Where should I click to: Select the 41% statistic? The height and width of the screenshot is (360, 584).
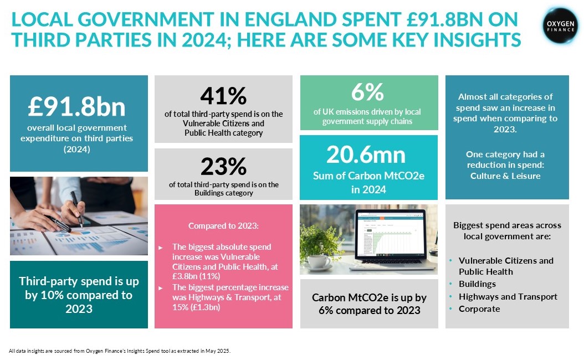click(x=223, y=96)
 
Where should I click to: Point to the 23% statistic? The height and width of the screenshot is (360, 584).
click(x=223, y=166)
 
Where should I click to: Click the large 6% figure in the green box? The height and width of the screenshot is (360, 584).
click(x=367, y=91)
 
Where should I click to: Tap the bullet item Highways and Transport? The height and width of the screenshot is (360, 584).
click(x=508, y=296)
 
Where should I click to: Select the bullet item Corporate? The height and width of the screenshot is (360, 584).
click(x=479, y=308)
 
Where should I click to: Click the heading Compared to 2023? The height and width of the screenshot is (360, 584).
click(x=223, y=226)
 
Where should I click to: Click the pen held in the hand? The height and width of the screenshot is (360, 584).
click(x=76, y=209)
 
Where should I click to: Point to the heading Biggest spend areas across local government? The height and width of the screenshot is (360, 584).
click(x=507, y=231)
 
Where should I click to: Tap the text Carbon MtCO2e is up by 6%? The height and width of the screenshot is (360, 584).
click(x=368, y=304)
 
